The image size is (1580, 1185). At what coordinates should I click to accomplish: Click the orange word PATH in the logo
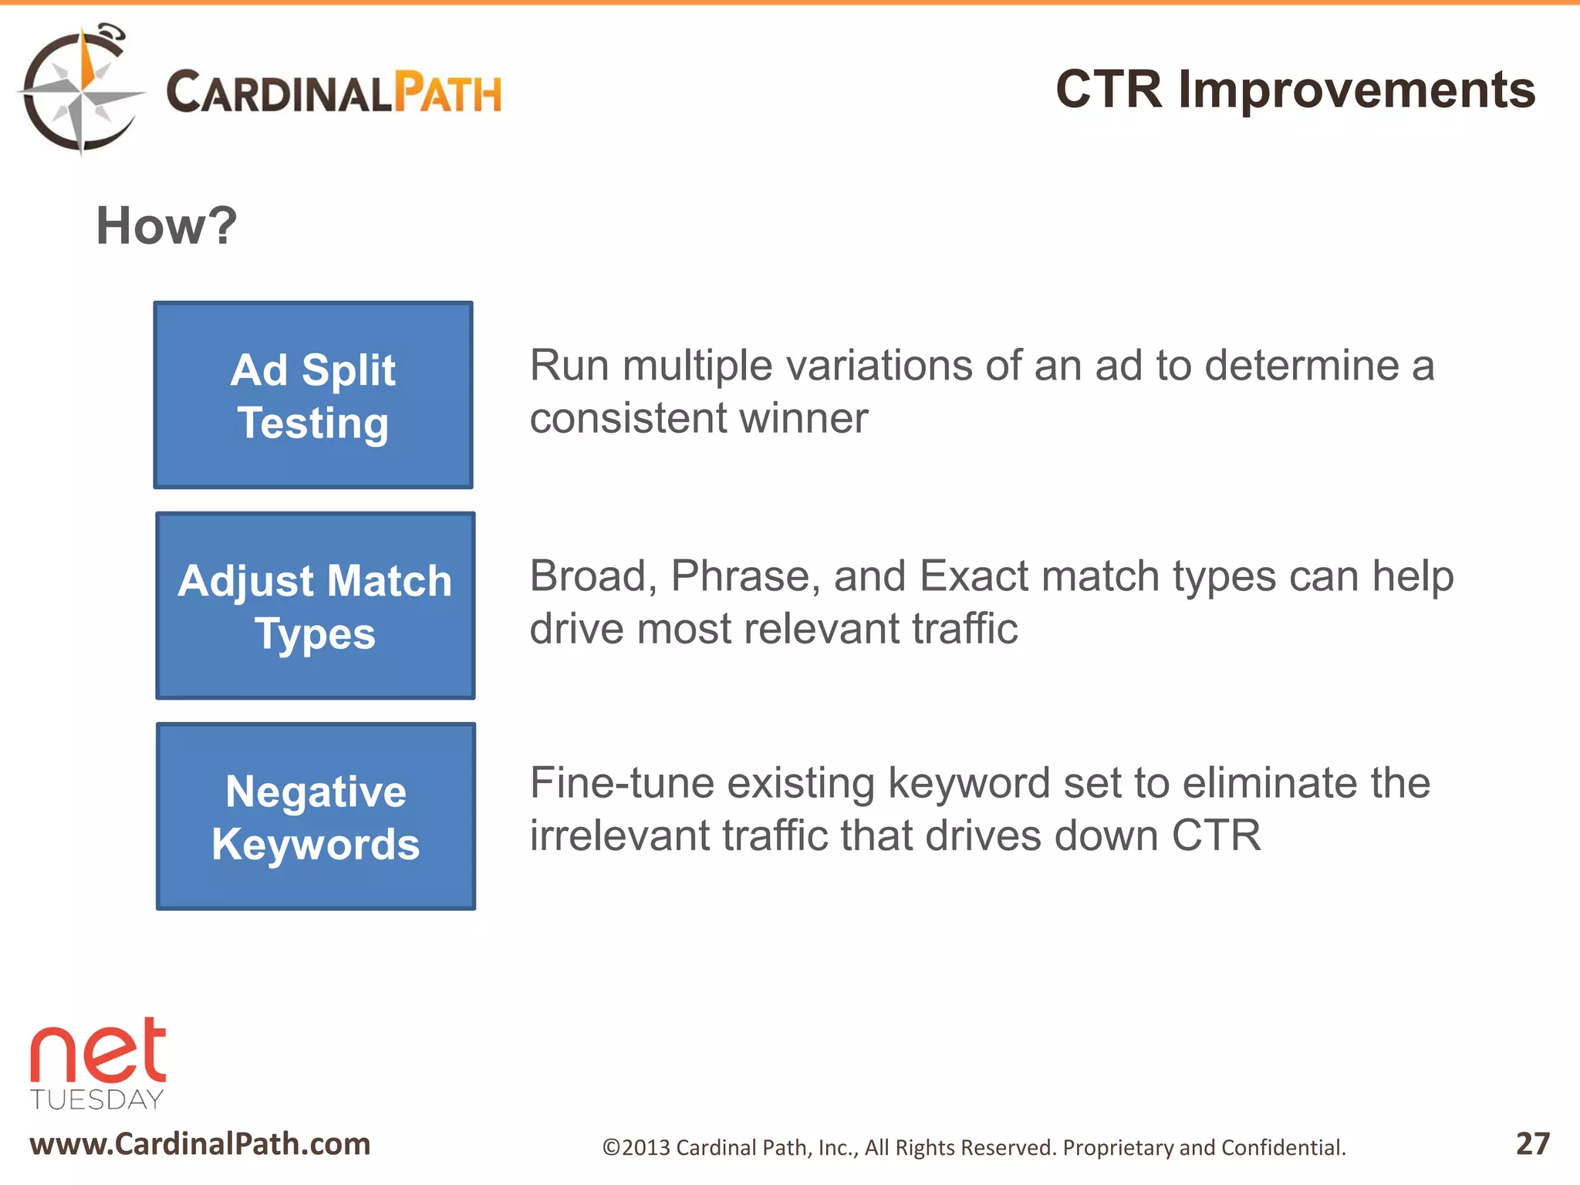pyautogui.click(x=447, y=93)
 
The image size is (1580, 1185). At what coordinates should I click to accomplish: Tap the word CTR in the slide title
pyautogui.click(x=1108, y=89)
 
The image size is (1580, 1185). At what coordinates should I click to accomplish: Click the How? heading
pyautogui.click(x=166, y=226)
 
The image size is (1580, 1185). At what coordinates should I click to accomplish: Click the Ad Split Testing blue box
pyautogui.click(x=313, y=395)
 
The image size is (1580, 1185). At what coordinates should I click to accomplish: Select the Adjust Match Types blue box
pyautogui.click(x=315, y=606)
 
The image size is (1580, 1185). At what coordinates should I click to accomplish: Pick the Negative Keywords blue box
pyautogui.click(x=316, y=816)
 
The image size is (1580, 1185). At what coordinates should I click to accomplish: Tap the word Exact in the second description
pyautogui.click(x=974, y=576)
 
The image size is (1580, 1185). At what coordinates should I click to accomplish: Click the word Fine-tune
pyautogui.click(x=622, y=783)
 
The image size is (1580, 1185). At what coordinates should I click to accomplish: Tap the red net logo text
pyautogui.click(x=98, y=1052)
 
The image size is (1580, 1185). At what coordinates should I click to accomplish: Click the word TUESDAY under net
pyautogui.click(x=97, y=1099)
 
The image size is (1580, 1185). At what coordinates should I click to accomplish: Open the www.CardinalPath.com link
pyautogui.click(x=200, y=1144)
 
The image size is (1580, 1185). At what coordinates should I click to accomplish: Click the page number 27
pyautogui.click(x=1532, y=1143)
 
